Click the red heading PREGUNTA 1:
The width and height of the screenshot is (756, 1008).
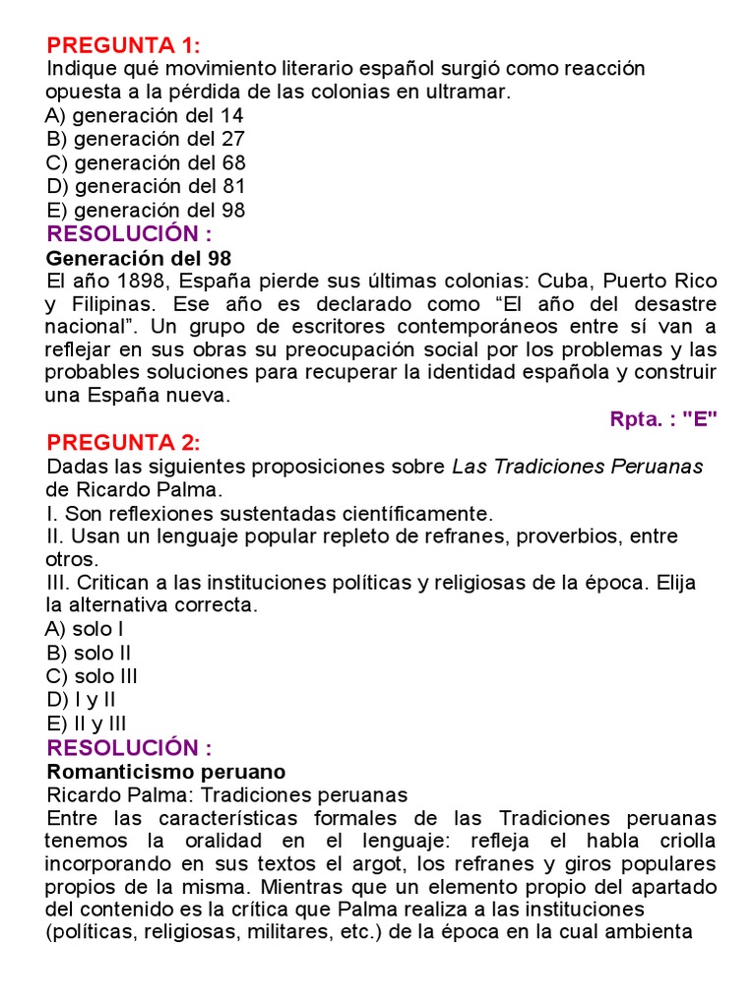(124, 45)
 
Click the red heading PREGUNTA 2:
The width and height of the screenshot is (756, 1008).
(124, 442)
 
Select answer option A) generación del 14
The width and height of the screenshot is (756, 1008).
(145, 115)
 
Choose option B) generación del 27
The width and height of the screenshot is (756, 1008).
(146, 139)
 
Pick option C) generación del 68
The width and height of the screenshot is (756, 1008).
(146, 162)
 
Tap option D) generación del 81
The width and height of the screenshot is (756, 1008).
(146, 186)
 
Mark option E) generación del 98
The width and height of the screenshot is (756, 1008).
(146, 210)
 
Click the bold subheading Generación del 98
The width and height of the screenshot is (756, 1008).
(139, 258)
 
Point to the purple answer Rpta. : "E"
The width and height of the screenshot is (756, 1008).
(663, 418)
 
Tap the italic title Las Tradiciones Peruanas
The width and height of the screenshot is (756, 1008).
(578, 467)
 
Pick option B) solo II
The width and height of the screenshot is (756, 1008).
(89, 653)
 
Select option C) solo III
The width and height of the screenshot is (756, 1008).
(92, 676)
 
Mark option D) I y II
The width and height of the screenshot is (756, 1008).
(81, 700)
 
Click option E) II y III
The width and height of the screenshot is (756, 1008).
(86, 724)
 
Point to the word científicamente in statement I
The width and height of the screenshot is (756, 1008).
(410, 513)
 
